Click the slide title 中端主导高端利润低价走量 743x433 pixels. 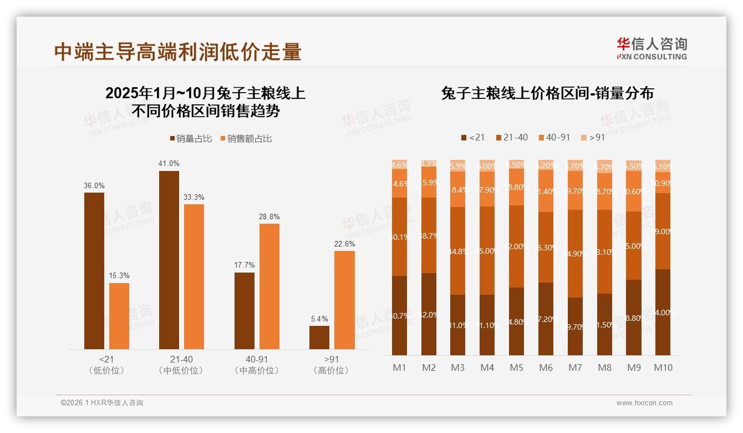pyautogui.click(x=177, y=52)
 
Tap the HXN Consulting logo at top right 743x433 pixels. pyautogui.click(x=652, y=49)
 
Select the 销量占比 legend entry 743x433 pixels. pyautogui.click(x=191, y=139)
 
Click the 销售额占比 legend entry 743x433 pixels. pyautogui.click(x=246, y=139)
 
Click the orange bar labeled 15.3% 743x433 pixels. pyautogui.click(x=119, y=316)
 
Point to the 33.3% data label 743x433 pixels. pyautogui.click(x=194, y=197)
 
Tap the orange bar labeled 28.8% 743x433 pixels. pyautogui.click(x=269, y=286)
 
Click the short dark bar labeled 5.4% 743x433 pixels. pyautogui.click(x=319, y=338)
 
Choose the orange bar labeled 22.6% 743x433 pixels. pyautogui.click(x=344, y=300)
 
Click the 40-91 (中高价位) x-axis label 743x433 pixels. pyautogui.click(x=256, y=365)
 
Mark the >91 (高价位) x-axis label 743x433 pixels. pyautogui.click(x=331, y=365)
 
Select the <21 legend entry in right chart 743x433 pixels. pyautogui.click(x=472, y=137)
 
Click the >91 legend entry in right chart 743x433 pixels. pyautogui.click(x=593, y=137)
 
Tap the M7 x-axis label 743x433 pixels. pyautogui.click(x=576, y=367)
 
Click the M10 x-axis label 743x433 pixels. pyautogui.click(x=663, y=367)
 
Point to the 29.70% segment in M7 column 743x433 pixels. pyautogui.click(x=576, y=326)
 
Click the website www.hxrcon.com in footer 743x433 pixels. pyautogui.click(x=644, y=403)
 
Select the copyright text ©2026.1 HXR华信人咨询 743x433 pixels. pyautogui.click(x=102, y=403)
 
